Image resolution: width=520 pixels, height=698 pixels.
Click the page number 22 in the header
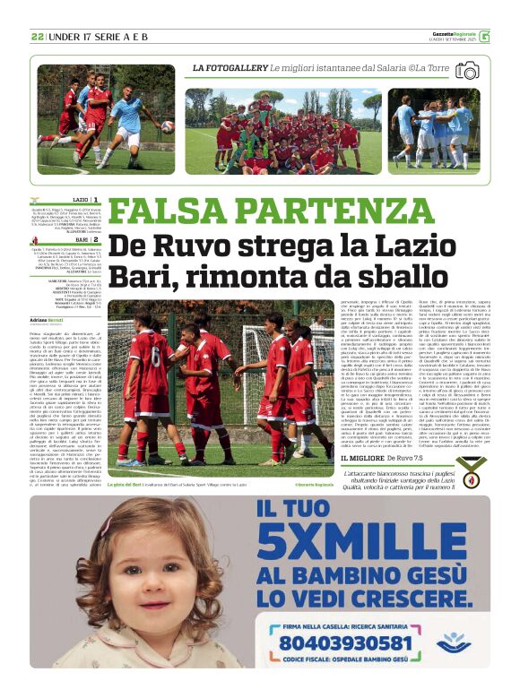coord(38,37)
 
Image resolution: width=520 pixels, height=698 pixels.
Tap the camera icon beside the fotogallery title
coord(467,69)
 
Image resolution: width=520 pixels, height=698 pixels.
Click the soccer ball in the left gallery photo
coord(168,126)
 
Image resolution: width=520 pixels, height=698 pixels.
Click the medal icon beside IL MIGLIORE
coord(470,469)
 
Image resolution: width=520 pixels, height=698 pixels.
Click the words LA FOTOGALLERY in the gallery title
coord(230,68)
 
